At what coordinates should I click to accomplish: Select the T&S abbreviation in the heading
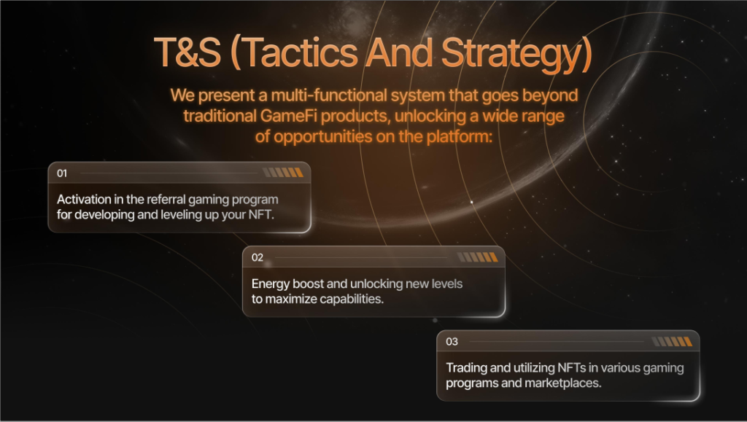[187, 52]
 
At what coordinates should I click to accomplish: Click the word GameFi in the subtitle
[289, 116]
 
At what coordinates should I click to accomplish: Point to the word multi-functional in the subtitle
[329, 95]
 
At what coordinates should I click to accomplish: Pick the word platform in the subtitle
[460, 137]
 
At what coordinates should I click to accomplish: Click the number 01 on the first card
[62, 173]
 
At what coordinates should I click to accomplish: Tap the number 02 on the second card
[258, 257]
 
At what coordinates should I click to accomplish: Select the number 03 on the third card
[452, 342]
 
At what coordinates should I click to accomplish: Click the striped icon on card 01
[283, 172]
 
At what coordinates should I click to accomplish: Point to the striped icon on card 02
[477, 257]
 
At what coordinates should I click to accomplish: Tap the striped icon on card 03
[672, 341]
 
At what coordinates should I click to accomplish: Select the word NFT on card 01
[261, 214]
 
